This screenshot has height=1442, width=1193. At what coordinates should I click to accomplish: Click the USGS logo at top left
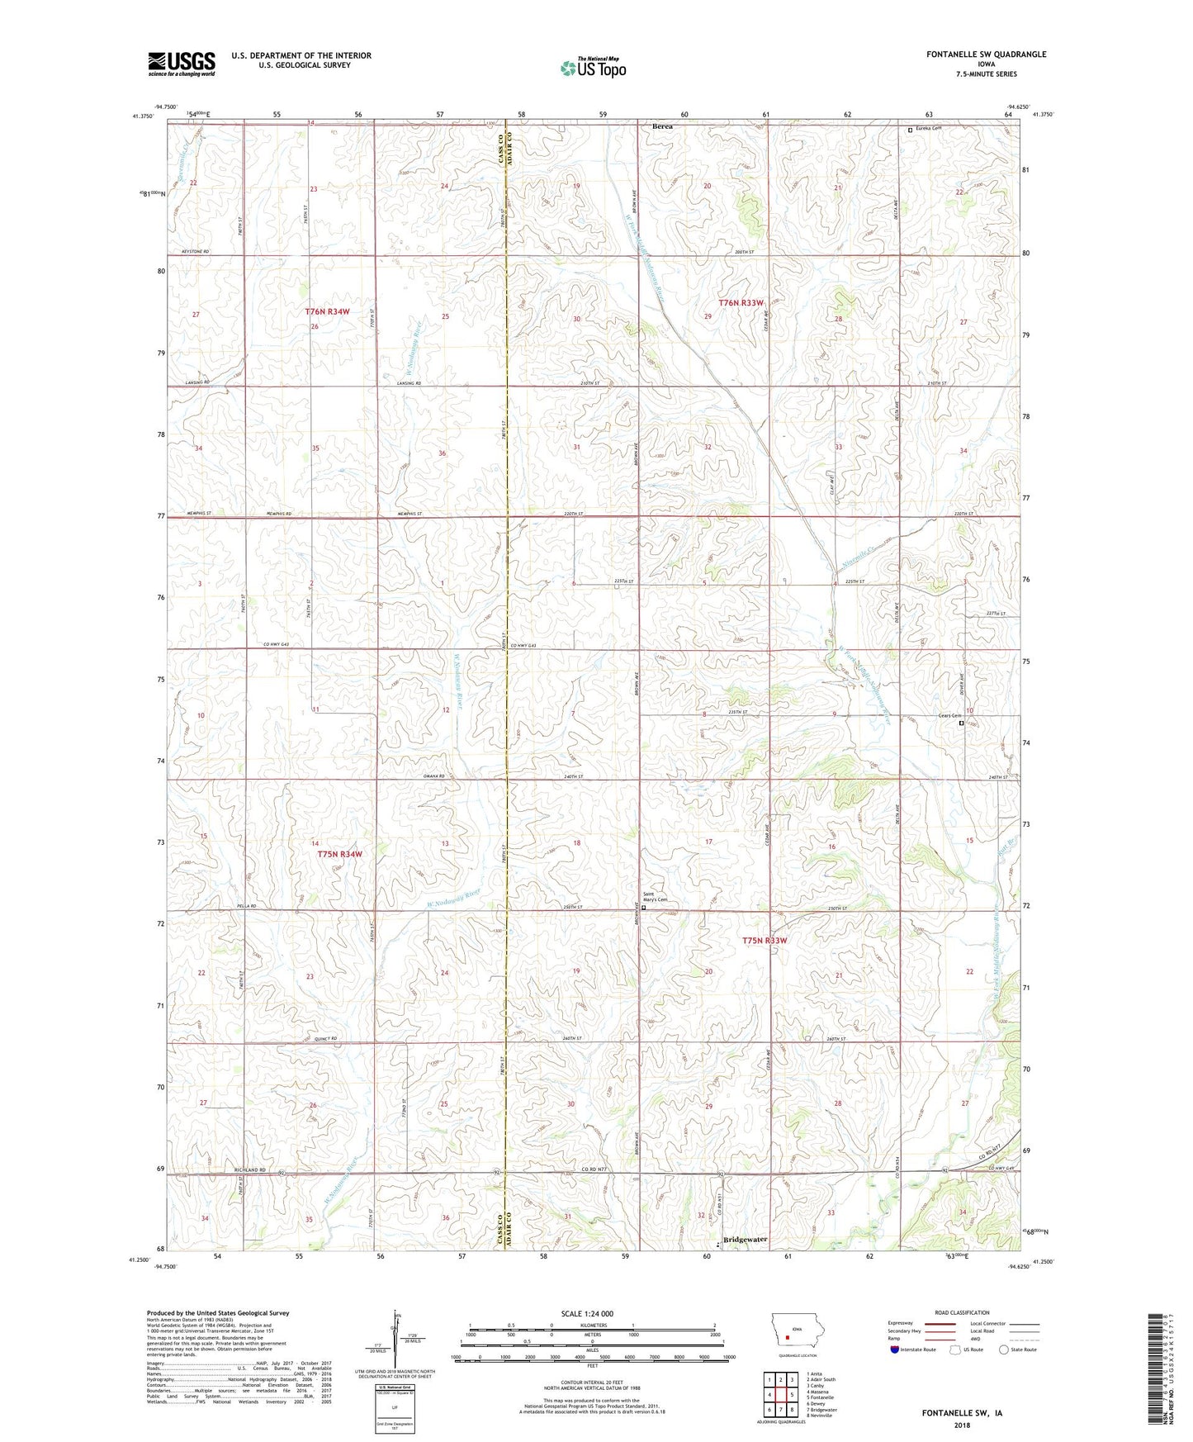(x=182, y=64)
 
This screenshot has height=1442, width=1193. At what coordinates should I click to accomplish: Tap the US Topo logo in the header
(x=592, y=68)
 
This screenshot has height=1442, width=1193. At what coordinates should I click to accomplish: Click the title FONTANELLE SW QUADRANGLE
(x=974, y=55)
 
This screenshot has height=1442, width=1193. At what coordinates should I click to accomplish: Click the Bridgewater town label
(x=745, y=1240)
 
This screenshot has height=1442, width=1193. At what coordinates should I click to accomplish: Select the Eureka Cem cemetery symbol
(x=911, y=130)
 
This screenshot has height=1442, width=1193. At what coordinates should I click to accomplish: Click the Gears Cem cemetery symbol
(x=961, y=723)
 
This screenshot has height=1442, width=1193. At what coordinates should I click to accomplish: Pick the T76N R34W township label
(x=327, y=311)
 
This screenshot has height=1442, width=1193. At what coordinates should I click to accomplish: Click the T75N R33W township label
(x=765, y=941)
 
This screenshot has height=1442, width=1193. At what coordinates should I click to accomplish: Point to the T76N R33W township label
(x=741, y=303)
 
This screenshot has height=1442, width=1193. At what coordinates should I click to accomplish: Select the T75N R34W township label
(x=339, y=854)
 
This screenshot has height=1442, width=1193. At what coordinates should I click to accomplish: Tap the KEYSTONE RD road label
(x=195, y=251)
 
